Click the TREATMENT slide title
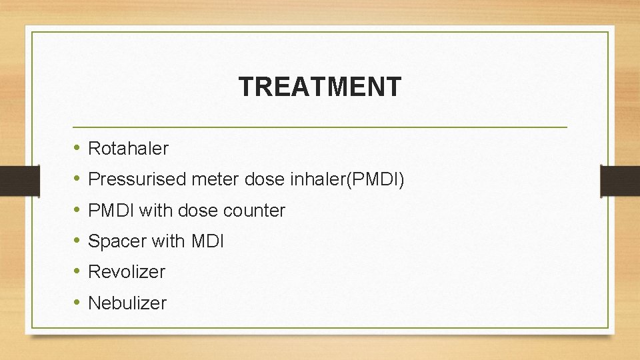[320, 87]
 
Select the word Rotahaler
[128, 149]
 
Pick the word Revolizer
[127, 272]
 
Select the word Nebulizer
[127, 303]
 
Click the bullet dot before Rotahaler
[77, 148]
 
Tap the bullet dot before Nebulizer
[77, 303]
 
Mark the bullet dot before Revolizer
[77, 271]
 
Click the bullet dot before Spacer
[77, 241]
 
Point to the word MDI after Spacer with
[207, 241]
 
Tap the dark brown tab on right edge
[619, 181]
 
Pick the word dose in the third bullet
[199, 211]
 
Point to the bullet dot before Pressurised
[77, 179]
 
